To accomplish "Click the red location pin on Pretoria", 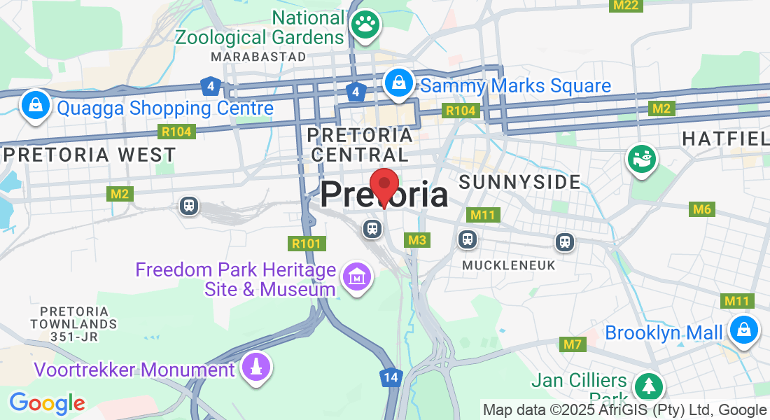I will coord(384,185).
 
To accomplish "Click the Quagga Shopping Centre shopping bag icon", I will coord(35,106).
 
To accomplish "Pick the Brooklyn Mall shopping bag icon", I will coord(743,329).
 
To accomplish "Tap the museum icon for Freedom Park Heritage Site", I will coord(357,278).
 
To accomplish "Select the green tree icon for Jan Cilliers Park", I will coord(649,386).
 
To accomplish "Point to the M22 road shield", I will coord(624,6).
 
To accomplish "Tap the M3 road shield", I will coord(417,240).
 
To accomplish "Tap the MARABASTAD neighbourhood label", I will coord(259,56).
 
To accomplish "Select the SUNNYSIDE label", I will coord(519,183).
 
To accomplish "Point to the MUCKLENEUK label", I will coord(508,265).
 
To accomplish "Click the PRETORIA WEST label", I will coord(90,154).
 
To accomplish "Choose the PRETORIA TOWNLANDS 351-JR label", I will coord(73,323).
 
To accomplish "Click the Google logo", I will coord(47,403).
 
